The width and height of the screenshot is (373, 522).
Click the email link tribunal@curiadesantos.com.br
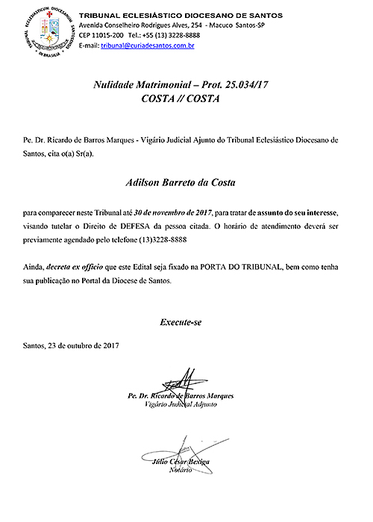click(x=148, y=45)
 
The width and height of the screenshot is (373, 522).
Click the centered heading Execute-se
click(x=180, y=322)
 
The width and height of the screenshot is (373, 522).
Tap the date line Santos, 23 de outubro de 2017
click(x=72, y=346)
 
